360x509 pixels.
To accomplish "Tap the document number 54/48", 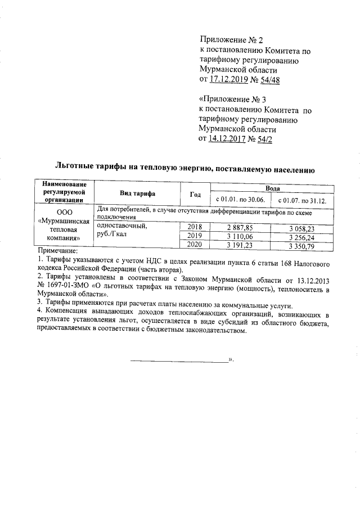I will [x=268, y=80].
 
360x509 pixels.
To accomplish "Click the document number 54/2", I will [x=263, y=139].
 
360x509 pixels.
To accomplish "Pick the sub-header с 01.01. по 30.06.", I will [x=240, y=200].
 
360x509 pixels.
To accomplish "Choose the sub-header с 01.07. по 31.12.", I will [x=303, y=200].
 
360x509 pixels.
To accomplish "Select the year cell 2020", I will [x=195, y=245].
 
